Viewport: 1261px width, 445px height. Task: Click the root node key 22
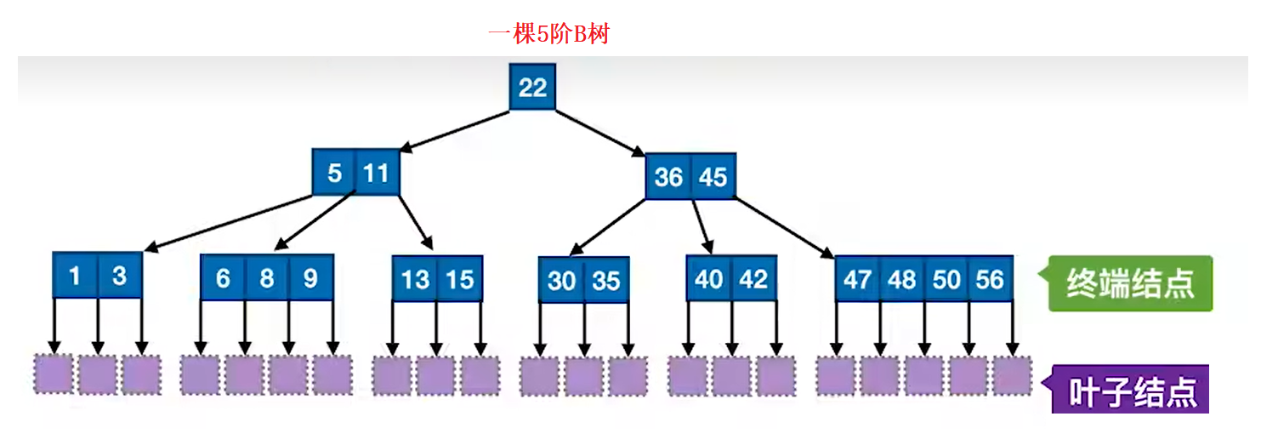[x=532, y=87]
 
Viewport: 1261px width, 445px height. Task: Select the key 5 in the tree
[x=334, y=173]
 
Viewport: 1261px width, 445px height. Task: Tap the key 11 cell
[x=377, y=173]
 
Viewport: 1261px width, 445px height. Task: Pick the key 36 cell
[x=668, y=176]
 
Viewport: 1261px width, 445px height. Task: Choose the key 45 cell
[x=713, y=176]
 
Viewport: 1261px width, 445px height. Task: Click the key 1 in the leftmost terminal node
[x=75, y=275]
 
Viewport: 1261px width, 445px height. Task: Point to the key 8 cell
[x=267, y=278]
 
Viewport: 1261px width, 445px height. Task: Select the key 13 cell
[x=415, y=279]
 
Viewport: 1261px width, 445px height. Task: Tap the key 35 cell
[x=606, y=280]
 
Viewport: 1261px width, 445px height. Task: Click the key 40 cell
[x=709, y=278]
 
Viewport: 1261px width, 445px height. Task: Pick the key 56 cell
[x=990, y=278]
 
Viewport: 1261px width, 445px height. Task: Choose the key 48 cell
[x=902, y=278]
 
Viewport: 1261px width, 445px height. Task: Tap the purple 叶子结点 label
[x=1132, y=392]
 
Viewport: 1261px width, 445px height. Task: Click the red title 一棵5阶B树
[x=548, y=34]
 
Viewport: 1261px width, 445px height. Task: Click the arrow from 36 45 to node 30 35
[x=611, y=227]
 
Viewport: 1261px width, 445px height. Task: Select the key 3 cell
[x=119, y=275]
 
